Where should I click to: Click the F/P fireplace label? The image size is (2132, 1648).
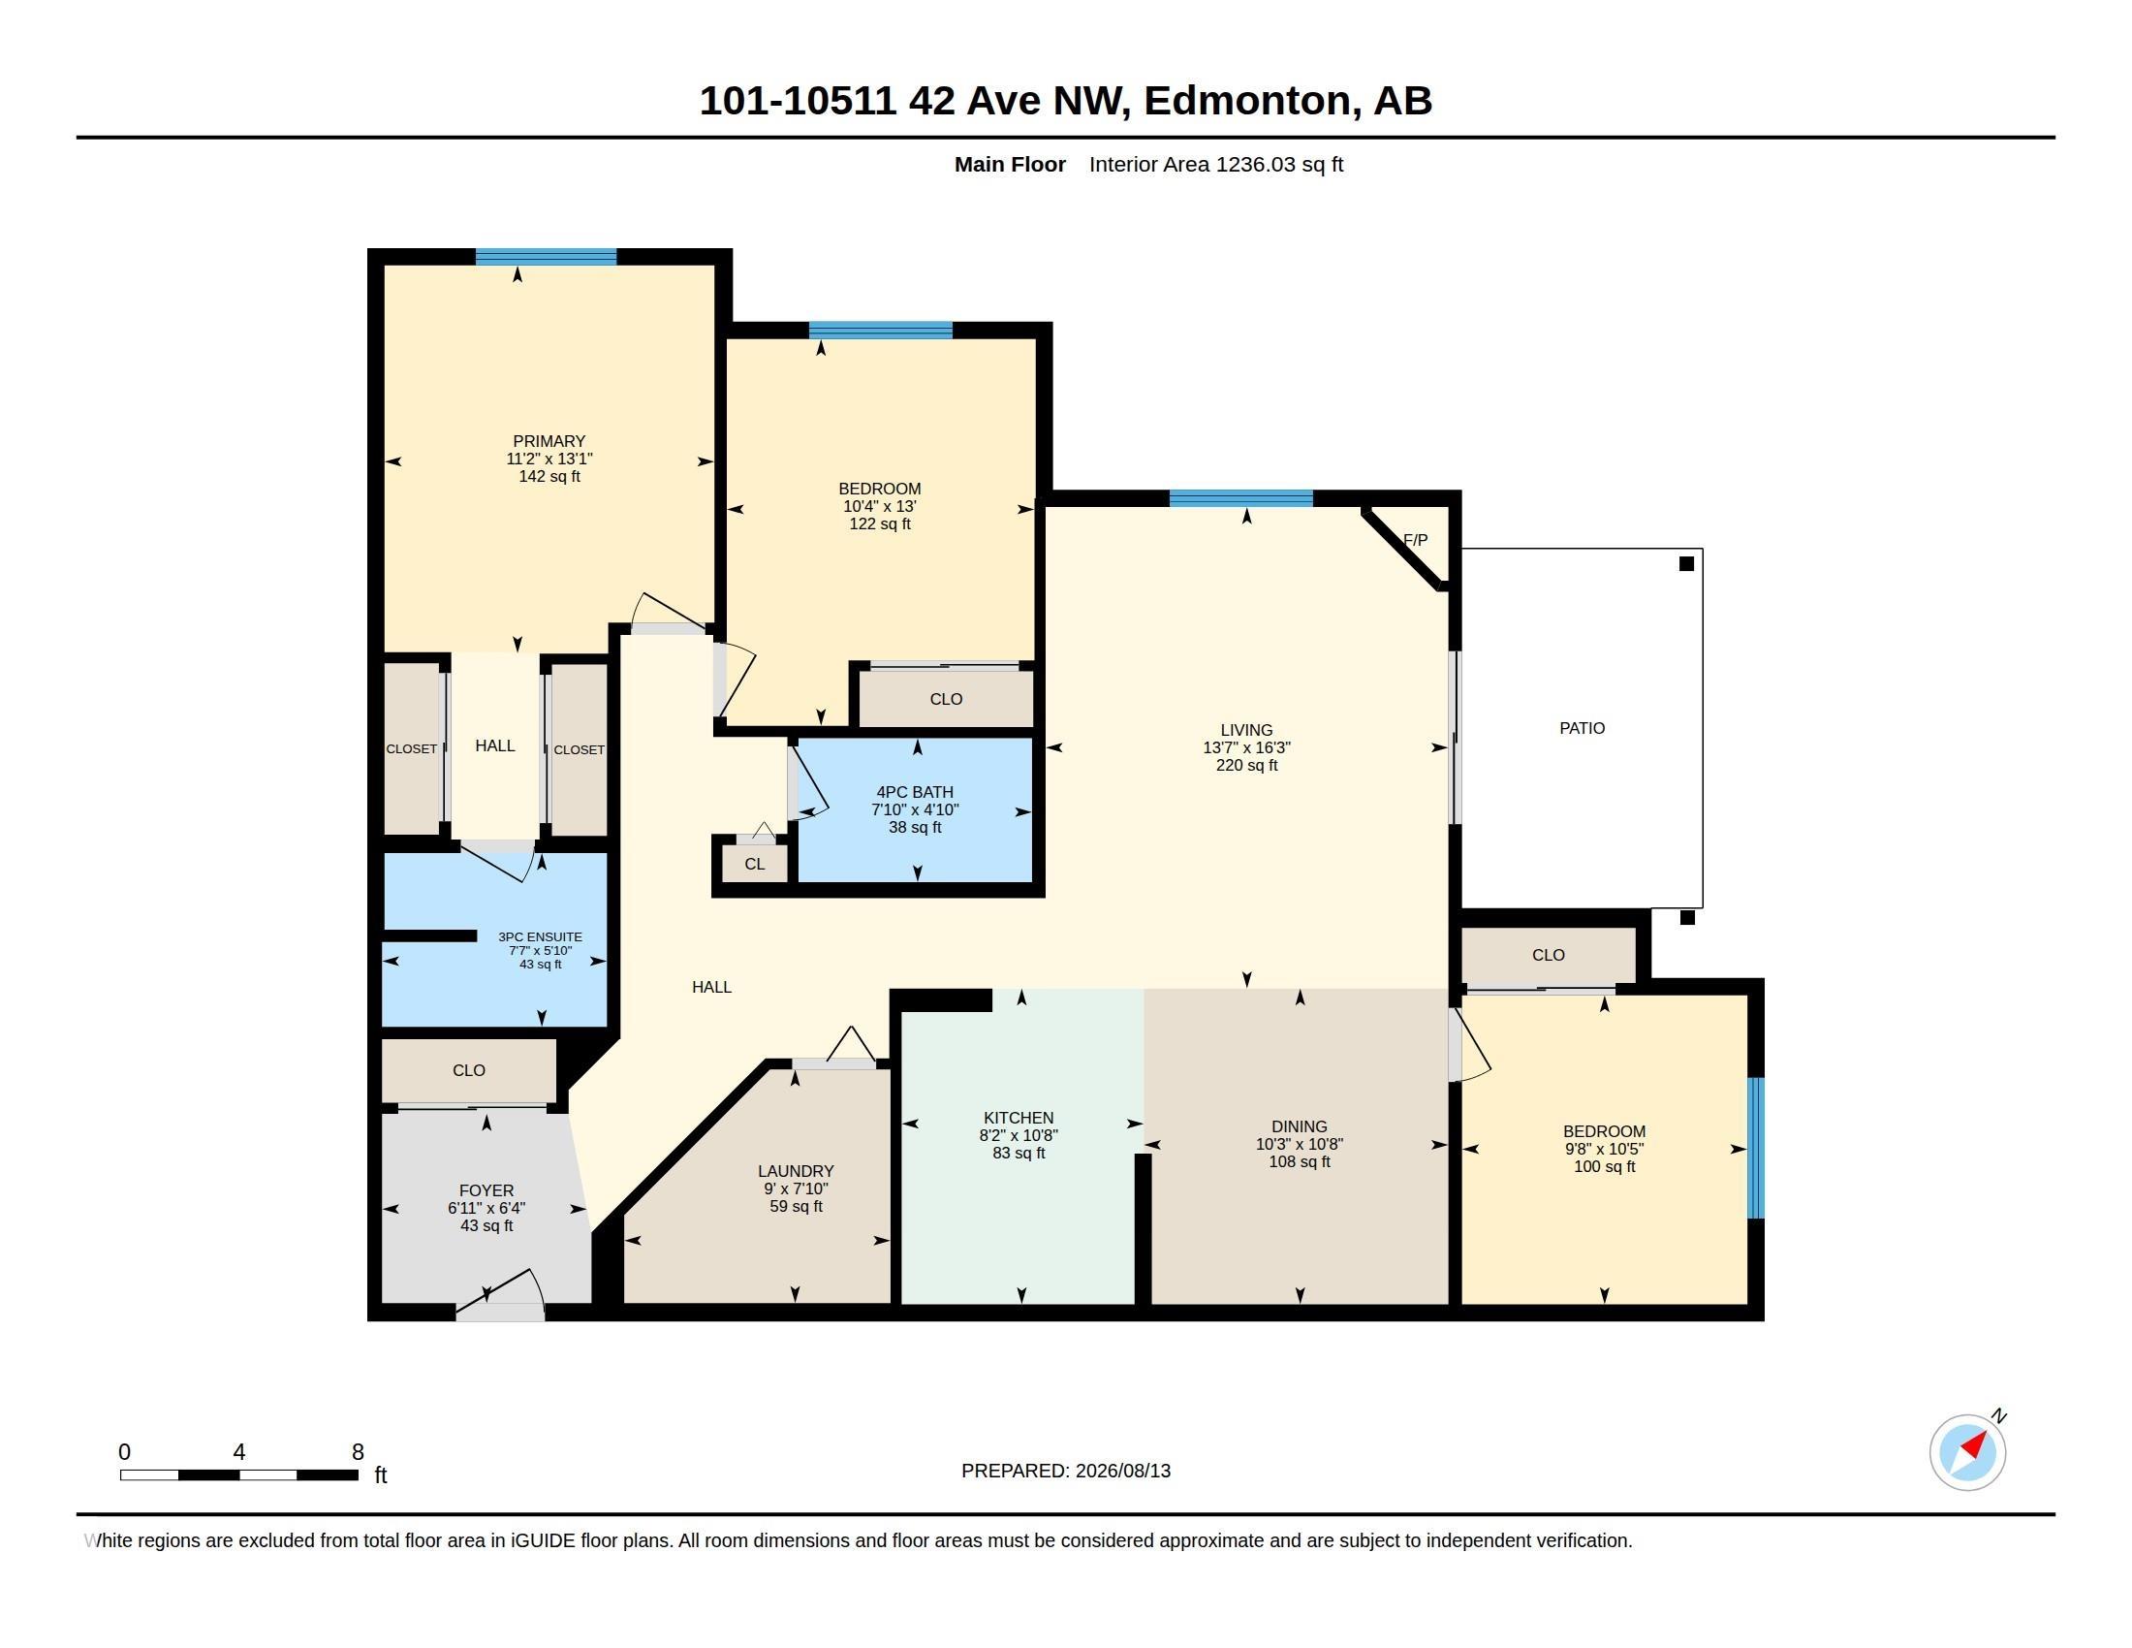tap(1415, 540)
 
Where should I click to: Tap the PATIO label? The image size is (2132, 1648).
tap(1582, 728)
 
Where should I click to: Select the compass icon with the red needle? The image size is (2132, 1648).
tap(1967, 1452)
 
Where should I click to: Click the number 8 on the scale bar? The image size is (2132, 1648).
tap(359, 1452)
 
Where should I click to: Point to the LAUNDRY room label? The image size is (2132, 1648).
tap(796, 1172)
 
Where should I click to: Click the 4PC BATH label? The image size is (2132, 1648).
tap(915, 793)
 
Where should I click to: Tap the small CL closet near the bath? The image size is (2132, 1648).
tap(755, 864)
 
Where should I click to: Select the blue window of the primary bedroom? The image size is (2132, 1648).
tap(546, 258)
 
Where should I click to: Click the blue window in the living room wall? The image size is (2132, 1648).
tap(1240, 499)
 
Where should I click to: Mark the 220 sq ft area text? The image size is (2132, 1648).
tap(1246, 766)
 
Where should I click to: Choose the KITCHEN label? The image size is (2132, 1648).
tap(1019, 1119)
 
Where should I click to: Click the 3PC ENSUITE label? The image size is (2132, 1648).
tap(540, 937)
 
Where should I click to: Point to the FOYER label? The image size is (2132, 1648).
tap(486, 1191)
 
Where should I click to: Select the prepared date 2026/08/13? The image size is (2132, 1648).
tap(1122, 1472)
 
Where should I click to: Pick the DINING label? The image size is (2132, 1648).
tap(1300, 1126)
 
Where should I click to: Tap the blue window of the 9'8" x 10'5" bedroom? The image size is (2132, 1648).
tap(1755, 1148)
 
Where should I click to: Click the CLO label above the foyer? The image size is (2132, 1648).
tap(469, 1071)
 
